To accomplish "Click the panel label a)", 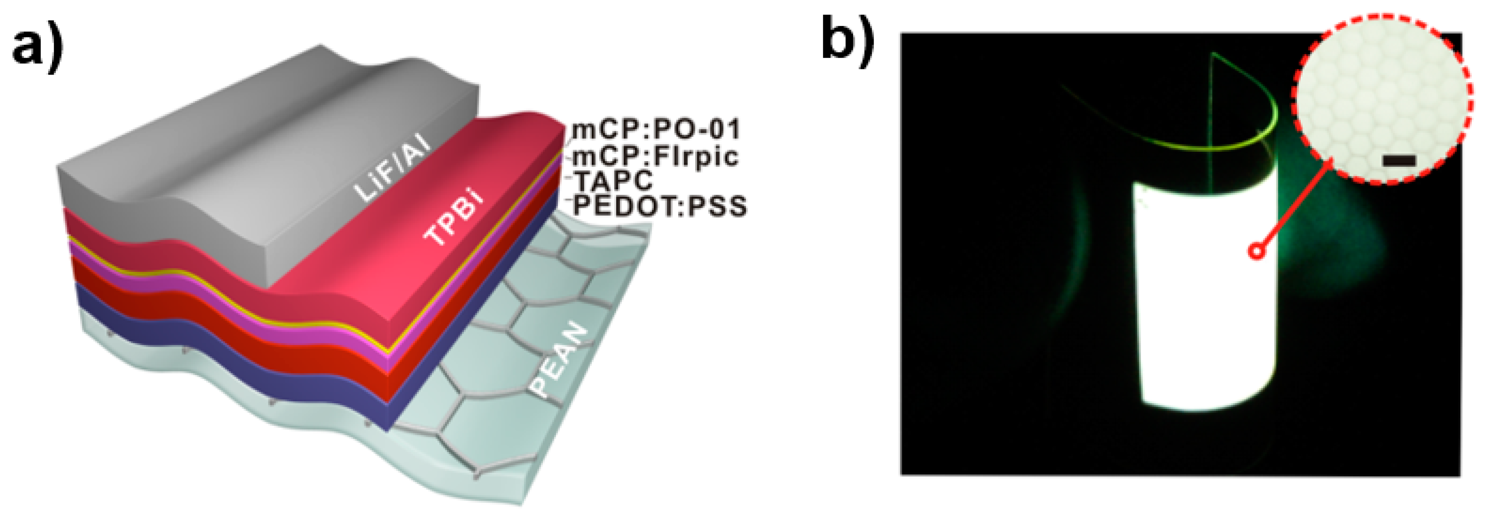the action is pos(37,46).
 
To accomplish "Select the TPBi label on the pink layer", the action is pos(455,220).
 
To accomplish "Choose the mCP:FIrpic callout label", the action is pos(655,156).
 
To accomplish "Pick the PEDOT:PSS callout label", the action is pos(660,206).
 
